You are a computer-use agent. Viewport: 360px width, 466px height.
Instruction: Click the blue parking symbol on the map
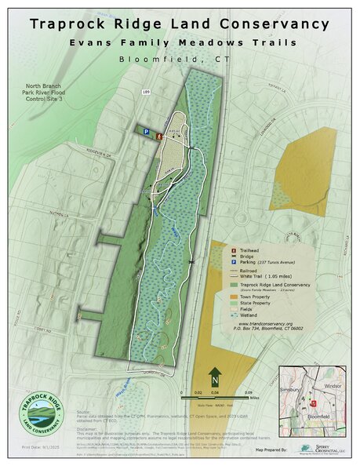point(147,132)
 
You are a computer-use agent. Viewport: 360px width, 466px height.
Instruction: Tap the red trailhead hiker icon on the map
point(160,137)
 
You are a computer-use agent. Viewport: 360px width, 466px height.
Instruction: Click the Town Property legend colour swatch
point(234,298)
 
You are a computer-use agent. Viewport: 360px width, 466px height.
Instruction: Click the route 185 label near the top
point(145,93)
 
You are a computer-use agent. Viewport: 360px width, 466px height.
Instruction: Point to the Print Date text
point(35,449)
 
